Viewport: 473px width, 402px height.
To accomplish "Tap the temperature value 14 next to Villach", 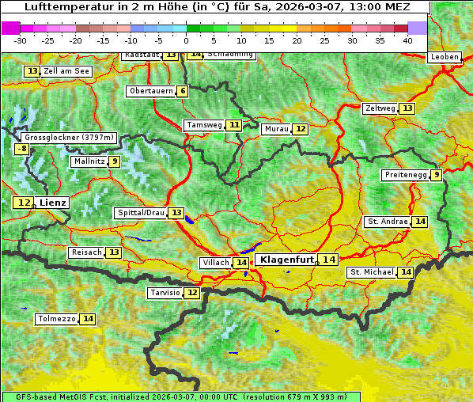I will pyautogui.click(x=241, y=263).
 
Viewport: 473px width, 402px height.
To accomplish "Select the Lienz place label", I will pyautogui.click(x=53, y=203).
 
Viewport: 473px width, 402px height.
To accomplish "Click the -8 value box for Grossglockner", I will pyautogui.click(x=22, y=149).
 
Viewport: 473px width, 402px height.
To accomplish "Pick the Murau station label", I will pyautogui.click(x=275, y=129).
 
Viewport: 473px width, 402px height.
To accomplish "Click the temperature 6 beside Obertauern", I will pyautogui.click(x=183, y=91).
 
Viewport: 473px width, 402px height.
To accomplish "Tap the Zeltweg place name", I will pyautogui.click(x=380, y=108).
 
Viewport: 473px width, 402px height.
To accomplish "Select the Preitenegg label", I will pyautogui.click(x=406, y=175).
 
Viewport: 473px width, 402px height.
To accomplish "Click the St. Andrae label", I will pyautogui.click(x=387, y=222).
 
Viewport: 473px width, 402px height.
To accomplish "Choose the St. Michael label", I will pyautogui.click(x=372, y=272).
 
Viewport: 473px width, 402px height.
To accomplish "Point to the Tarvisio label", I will pyautogui.click(x=165, y=293).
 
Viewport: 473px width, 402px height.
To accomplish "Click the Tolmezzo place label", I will pyautogui.click(x=56, y=319).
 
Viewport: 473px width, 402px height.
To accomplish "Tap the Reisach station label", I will pyautogui.click(x=86, y=252).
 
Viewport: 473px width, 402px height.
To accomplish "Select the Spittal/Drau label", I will pyautogui.click(x=140, y=213).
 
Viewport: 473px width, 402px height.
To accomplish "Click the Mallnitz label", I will pyautogui.click(x=88, y=161).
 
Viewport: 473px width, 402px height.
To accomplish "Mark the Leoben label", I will pyautogui.click(x=444, y=57).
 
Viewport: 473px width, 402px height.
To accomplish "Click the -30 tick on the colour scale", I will pyautogui.click(x=21, y=40).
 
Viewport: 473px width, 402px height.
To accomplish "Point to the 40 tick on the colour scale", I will pyautogui.click(x=407, y=40).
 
